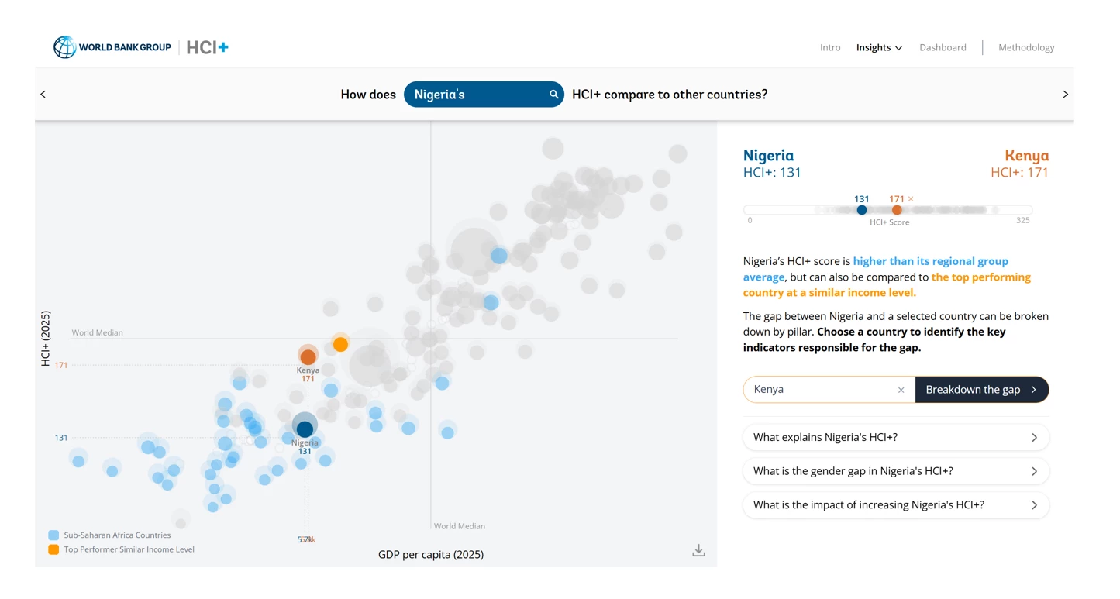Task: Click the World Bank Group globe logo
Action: point(64,47)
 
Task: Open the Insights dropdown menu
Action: point(879,48)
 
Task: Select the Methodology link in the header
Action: point(1025,48)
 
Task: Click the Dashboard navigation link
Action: point(943,48)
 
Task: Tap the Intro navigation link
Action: point(830,48)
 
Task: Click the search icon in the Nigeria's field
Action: point(553,95)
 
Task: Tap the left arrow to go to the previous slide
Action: point(43,95)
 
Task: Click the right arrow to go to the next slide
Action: point(1065,95)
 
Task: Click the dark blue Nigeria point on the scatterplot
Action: point(305,428)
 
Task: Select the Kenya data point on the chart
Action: point(308,356)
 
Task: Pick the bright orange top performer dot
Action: point(340,344)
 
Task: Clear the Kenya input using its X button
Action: point(901,391)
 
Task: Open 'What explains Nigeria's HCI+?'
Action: point(895,438)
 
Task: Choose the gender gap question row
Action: point(895,471)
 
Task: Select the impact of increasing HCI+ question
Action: point(895,505)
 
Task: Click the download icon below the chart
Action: point(698,550)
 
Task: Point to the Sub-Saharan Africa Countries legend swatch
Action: point(53,535)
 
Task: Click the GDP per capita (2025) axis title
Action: point(430,555)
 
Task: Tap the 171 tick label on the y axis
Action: point(61,365)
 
